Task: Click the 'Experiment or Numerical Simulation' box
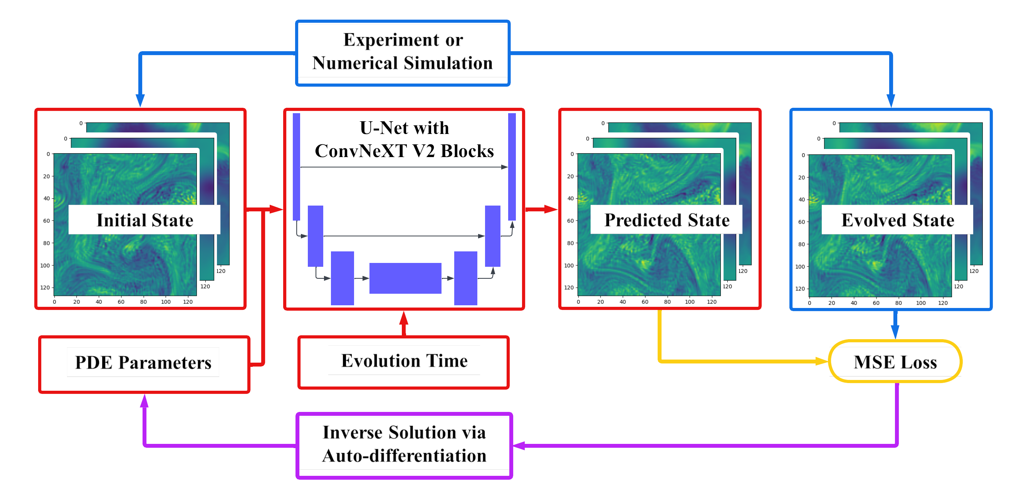[x=402, y=52]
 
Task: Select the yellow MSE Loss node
[x=895, y=361]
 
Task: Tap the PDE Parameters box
[x=144, y=363]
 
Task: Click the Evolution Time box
[x=404, y=361]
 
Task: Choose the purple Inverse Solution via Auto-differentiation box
[x=404, y=445]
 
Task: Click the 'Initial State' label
[x=145, y=219]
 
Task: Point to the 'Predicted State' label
[x=666, y=219]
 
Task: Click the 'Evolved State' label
[x=898, y=219]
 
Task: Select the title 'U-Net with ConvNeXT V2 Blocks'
[x=404, y=139]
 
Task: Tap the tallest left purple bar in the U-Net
[x=296, y=167]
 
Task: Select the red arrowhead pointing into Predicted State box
[x=551, y=209]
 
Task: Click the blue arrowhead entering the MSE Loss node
[x=895, y=333]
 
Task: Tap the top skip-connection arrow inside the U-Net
[x=404, y=167]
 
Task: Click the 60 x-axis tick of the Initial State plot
[x=121, y=302]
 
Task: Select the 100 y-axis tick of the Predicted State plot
[x=569, y=265]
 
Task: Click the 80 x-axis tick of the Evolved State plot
[x=898, y=303]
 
